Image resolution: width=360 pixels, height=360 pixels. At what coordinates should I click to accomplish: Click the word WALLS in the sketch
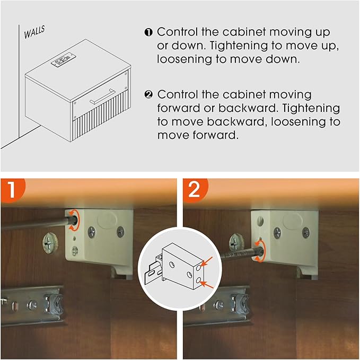[34, 32]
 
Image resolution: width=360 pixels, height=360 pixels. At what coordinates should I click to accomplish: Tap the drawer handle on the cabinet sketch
[102, 96]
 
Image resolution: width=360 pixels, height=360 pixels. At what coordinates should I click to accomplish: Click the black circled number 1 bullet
[148, 32]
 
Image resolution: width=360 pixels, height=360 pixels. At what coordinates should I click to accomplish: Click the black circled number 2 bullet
[148, 94]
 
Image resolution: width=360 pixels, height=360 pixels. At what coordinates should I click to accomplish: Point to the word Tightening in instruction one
[239, 46]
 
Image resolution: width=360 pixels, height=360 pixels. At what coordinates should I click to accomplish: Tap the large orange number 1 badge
[12, 190]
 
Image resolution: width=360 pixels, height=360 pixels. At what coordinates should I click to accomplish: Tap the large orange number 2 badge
[195, 190]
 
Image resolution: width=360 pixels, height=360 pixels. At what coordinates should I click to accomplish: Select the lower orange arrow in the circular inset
[207, 285]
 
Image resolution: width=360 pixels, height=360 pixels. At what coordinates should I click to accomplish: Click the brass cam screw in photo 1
[50, 243]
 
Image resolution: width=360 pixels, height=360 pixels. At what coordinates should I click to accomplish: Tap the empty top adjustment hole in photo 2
[260, 221]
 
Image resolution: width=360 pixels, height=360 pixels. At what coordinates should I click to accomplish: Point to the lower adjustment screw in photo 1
[75, 251]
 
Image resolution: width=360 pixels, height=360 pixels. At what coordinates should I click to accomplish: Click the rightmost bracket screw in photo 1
[120, 232]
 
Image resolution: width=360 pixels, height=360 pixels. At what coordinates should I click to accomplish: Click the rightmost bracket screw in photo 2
[305, 232]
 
